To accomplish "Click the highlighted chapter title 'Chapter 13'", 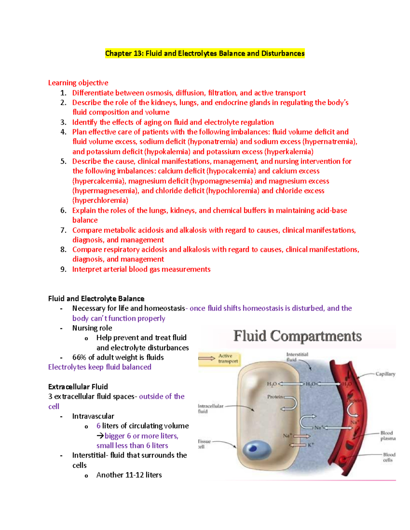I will click(x=124, y=54).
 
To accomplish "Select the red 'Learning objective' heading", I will click(x=78, y=83).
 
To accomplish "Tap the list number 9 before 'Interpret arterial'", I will click(x=63, y=270).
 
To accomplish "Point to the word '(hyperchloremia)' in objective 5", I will click(x=100, y=200).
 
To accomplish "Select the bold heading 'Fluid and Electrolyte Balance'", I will click(x=96, y=299).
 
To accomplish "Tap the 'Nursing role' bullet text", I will click(x=92, y=328).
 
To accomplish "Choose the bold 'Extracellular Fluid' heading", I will click(x=78, y=387).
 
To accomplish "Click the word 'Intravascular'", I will click(x=93, y=416).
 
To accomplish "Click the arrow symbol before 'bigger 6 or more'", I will click(x=100, y=436).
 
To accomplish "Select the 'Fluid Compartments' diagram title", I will click(x=297, y=336).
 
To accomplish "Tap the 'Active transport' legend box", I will click(x=219, y=359).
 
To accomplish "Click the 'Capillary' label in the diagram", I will click(x=385, y=374).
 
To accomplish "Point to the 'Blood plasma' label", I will click(x=388, y=435).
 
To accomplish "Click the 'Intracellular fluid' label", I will click(x=210, y=409).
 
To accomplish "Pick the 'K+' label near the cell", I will click(x=311, y=445).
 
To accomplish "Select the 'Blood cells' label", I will click(x=389, y=457).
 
